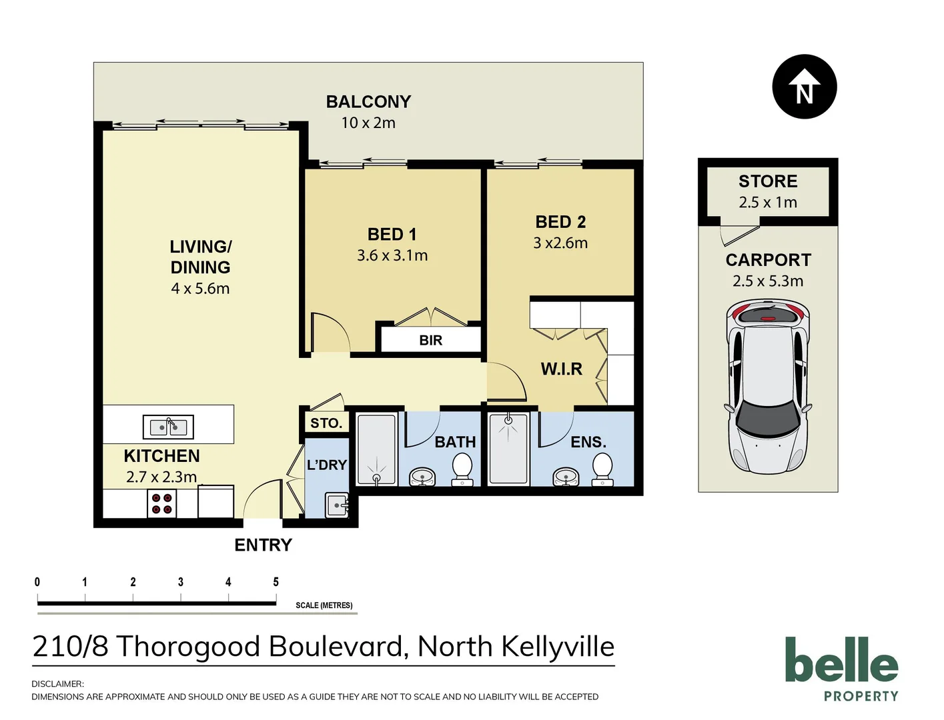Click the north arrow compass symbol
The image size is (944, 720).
click(x=804, y=87)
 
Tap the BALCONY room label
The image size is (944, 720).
click(x=368, y=102)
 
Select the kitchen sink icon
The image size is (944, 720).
click(x=168, y=427)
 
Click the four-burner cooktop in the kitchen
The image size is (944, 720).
click(x=161, y=503)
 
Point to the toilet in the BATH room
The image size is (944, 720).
click(x=462, y=468)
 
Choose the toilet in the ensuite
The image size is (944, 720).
click(x=602, y=468)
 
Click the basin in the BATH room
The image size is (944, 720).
click(x=422, y=476)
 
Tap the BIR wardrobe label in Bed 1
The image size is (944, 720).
click(x=430, y=340)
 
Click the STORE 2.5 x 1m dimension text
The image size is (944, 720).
click(x=768, y=203)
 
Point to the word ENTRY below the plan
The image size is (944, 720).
click(x=263, y=545)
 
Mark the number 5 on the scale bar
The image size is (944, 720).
click(x=276, y=582)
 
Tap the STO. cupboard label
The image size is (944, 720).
click(x=326, y=423)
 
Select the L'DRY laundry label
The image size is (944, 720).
click(x=326, y=465)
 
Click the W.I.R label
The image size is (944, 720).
click(x=561, y=369)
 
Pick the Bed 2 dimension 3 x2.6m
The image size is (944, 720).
click(x=560, y=243)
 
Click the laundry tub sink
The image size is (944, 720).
click(x=337, y=505)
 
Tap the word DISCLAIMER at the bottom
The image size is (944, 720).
click(x=57, y=684)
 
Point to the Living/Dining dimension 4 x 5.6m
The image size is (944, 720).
click(x=200, y=289)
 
